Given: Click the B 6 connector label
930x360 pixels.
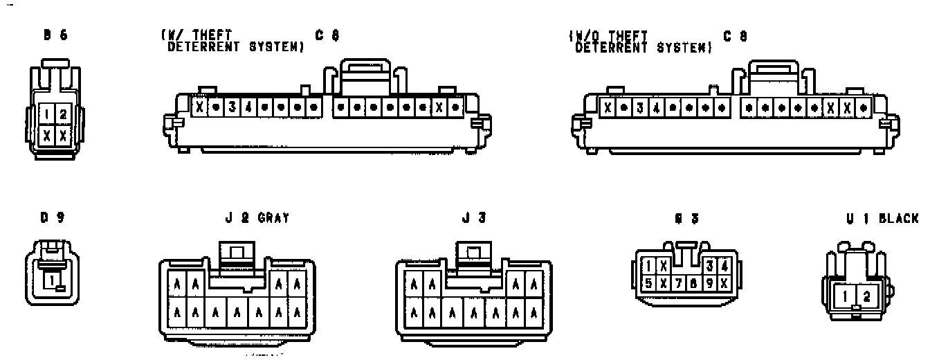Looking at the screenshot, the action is point(55,35).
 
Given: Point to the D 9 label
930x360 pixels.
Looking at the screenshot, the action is point(52,218).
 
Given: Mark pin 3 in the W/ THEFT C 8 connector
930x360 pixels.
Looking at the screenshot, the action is point(232,108).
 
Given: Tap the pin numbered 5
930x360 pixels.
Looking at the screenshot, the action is point(648,282).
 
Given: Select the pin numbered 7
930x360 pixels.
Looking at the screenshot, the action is point(679,282).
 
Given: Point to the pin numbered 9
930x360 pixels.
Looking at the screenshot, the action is point(709,282).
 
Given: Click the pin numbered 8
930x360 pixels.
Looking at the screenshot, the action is point(693,282).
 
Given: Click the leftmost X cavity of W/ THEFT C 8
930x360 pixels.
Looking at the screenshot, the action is point(200,108).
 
